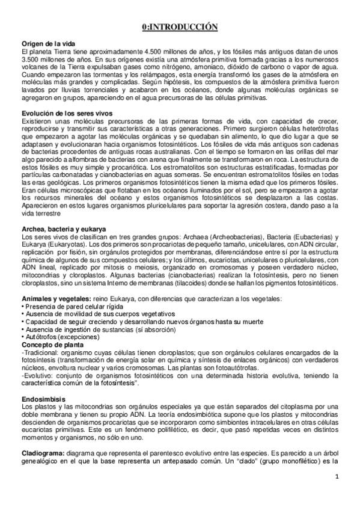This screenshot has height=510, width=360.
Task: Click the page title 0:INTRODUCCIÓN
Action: point(180,27)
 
